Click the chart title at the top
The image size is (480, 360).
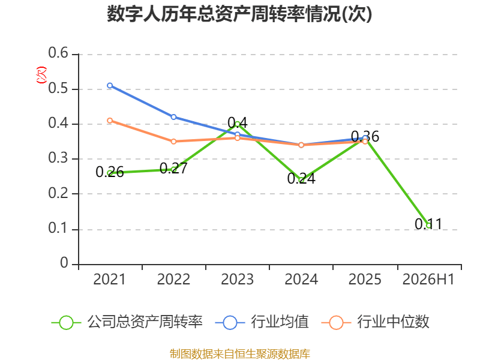coord(239,14)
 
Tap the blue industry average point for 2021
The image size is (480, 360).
coord(110,85)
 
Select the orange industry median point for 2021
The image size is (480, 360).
coord(110,121)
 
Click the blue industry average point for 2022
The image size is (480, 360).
coord(173,117)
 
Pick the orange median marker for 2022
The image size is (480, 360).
coord(173,142)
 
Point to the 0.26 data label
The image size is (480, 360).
coord(110,172)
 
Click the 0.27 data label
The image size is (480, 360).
coord(173,169)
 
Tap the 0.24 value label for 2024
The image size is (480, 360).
coord(301,178)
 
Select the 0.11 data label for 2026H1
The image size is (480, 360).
coord(428,224)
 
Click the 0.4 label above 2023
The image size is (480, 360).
coord(238,123)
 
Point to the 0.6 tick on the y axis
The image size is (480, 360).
coord(58,53)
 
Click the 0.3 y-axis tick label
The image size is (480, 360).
coord(58,158)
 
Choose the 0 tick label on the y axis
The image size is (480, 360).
coord(64,263)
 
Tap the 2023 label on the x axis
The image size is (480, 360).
coord(237,280)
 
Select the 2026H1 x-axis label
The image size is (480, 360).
coord(428,280)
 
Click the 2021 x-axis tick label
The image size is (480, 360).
coord(109,280)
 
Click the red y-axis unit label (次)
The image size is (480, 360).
coord(41,75)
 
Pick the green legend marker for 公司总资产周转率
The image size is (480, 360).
coord(66,323)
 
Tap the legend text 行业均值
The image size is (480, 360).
coord(280,322)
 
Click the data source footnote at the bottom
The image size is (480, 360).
coord(239,354)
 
